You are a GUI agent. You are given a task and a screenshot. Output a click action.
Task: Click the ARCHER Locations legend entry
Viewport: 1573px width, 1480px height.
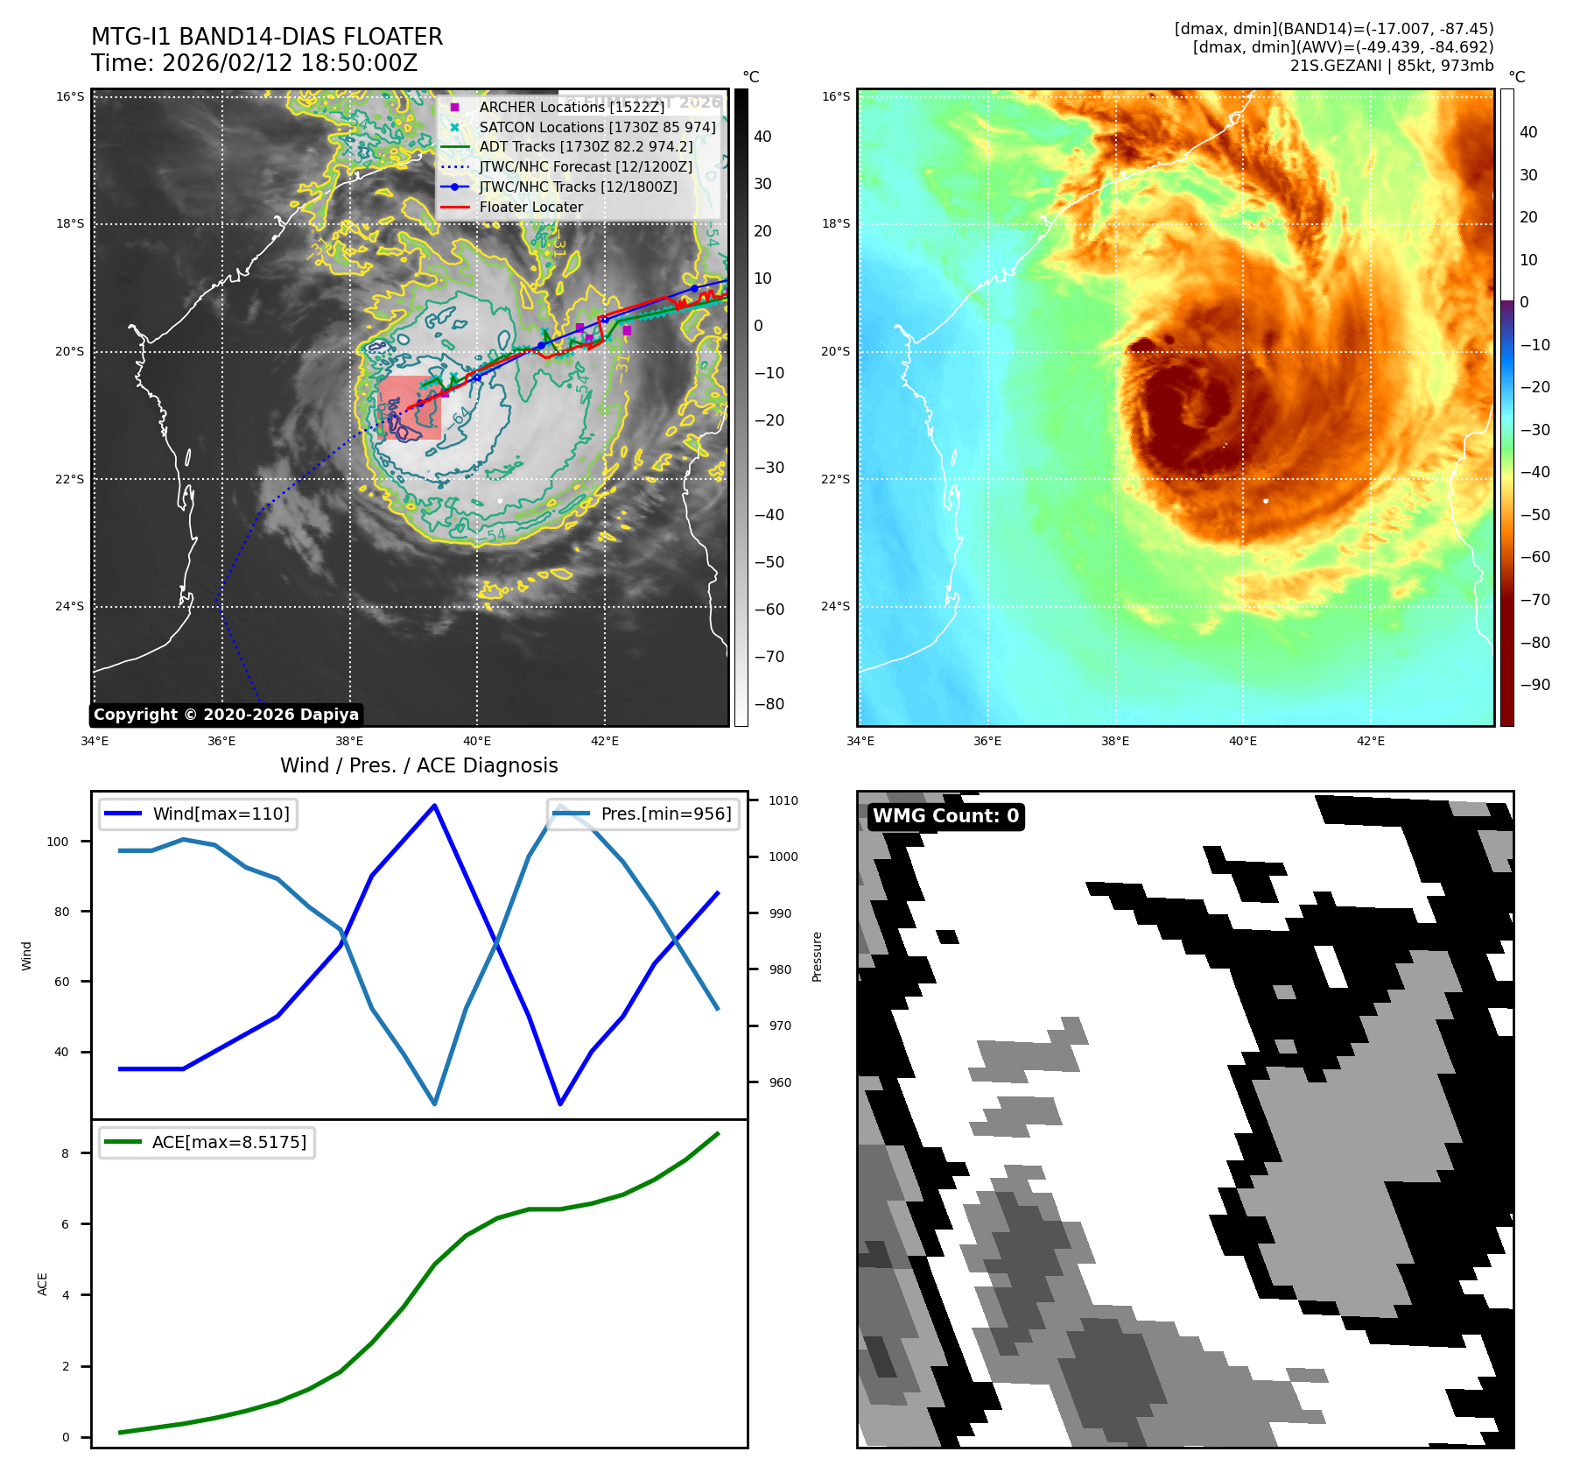tap(572, 107)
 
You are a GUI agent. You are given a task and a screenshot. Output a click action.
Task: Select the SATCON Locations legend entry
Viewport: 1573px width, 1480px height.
tap(597, 127)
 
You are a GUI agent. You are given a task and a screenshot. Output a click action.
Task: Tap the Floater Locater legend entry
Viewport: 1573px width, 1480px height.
tap(530, 207)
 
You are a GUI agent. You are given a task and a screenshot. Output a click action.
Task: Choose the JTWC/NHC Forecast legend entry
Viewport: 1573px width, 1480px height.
tap(585, 166)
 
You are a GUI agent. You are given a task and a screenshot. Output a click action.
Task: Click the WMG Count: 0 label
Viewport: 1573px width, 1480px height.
tap(945, 816)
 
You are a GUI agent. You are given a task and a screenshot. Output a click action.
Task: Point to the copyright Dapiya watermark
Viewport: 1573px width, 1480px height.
tap(226, 715)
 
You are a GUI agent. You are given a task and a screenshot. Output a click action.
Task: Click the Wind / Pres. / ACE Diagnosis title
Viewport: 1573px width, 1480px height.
tap(418, 765)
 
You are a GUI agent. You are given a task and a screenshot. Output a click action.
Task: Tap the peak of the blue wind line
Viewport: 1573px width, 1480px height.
tap(435, 805)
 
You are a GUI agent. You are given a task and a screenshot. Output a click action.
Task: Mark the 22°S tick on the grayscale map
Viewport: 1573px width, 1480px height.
tap(70, 479)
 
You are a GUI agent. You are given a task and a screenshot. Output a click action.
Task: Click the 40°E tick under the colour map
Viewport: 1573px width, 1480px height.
tap(1242, 741)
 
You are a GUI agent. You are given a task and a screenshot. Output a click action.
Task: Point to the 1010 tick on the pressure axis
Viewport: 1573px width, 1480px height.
tap(783, 800)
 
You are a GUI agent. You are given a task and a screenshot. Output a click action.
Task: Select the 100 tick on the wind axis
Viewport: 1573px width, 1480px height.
tap(58, 842)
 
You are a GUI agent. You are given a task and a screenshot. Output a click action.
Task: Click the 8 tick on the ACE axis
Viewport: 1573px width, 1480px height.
tap(66, 1153)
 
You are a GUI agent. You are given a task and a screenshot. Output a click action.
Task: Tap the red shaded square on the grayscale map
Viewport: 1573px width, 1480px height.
tap(410, 408)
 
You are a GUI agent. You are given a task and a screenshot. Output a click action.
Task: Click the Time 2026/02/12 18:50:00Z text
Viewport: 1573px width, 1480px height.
tap(254, 63)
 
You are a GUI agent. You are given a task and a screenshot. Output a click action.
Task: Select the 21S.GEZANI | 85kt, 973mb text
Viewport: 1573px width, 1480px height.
tap(1391, 66)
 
